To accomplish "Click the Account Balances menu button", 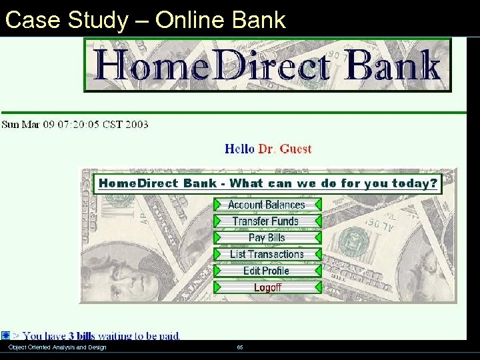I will [266, 205].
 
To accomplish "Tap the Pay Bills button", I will [266, 237].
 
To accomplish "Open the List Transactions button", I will [266, 254].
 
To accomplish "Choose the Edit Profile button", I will [266, 271].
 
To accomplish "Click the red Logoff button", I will [267, 287].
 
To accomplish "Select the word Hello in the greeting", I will [239, 149].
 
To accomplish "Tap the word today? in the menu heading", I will [415, 183].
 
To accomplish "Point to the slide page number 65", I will [240, 347].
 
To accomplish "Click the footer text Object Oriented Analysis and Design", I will [57, 347].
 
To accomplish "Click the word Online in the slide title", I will [195, 20].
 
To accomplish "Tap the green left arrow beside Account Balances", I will [218, 205].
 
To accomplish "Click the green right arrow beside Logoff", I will [318, 287].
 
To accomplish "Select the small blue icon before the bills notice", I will [5, 335].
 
